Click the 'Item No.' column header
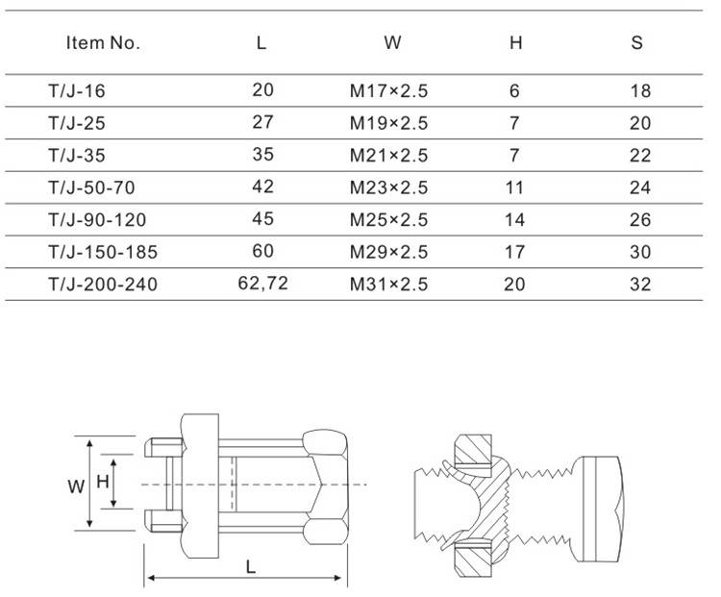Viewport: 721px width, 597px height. point(103,42)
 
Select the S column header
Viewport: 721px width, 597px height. point(636,42)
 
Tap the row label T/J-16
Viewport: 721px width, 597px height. point(77,91)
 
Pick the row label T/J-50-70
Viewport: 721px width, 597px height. point(91,187)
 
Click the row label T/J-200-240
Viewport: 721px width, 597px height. point(103,285)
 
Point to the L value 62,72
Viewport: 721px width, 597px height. point(263,283)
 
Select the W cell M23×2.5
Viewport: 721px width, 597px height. point(389,187)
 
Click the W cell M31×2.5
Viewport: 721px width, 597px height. point(389,285)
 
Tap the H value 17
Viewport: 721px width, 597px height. point(514,252)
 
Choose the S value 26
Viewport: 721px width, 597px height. point(640,220)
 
